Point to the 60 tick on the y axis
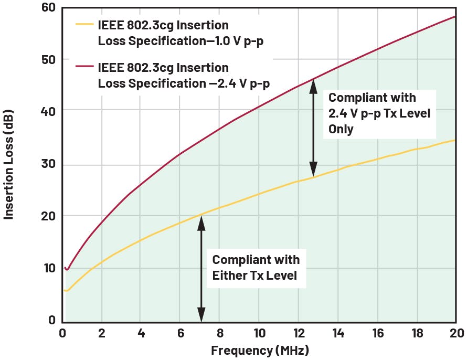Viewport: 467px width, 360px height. coord(47,7)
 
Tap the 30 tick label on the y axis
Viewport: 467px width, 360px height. coord(47,164)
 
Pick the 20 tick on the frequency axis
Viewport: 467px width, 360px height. coord(456,333)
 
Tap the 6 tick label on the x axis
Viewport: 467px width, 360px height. coord(181,333)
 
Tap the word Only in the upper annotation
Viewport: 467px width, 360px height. coord(341,129)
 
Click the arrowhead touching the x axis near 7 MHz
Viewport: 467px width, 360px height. coord(200,318)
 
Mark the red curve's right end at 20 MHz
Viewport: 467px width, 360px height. coord(455,17)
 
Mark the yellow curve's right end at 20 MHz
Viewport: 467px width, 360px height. coord(455,140)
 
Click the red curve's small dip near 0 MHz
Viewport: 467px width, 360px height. coord(67,270)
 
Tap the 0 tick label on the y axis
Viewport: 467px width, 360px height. coord(51,320)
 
